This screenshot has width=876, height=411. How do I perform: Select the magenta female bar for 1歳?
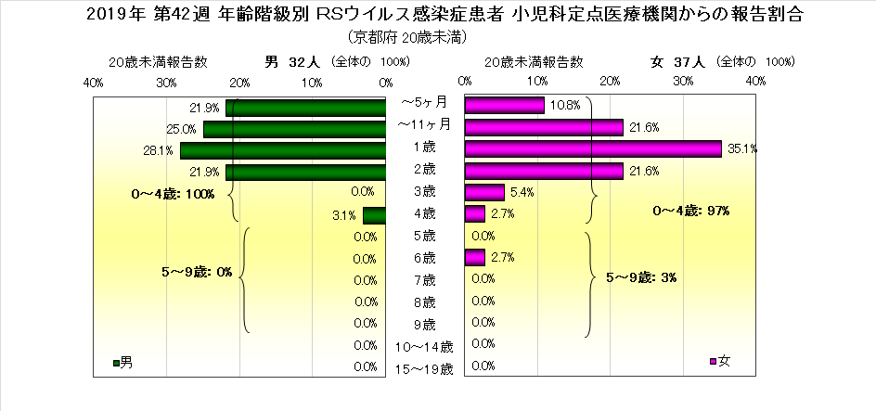click(592, 149)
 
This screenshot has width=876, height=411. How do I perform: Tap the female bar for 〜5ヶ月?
click(504, 106)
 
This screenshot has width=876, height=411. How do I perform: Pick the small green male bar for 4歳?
click(374, 216)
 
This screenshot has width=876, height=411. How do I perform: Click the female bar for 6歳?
click(474, 257)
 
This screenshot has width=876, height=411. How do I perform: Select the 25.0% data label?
click(180, 128)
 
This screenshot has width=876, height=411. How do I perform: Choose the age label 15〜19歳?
click(424, 368)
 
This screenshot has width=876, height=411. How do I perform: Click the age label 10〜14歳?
click(424, 346)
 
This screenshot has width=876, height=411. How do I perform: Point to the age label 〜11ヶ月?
click(424, 123)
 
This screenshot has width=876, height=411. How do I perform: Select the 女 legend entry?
click(719, 361)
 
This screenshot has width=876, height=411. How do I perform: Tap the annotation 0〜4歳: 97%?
click(691, 211)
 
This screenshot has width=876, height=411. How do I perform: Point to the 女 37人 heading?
click(679, 61)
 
